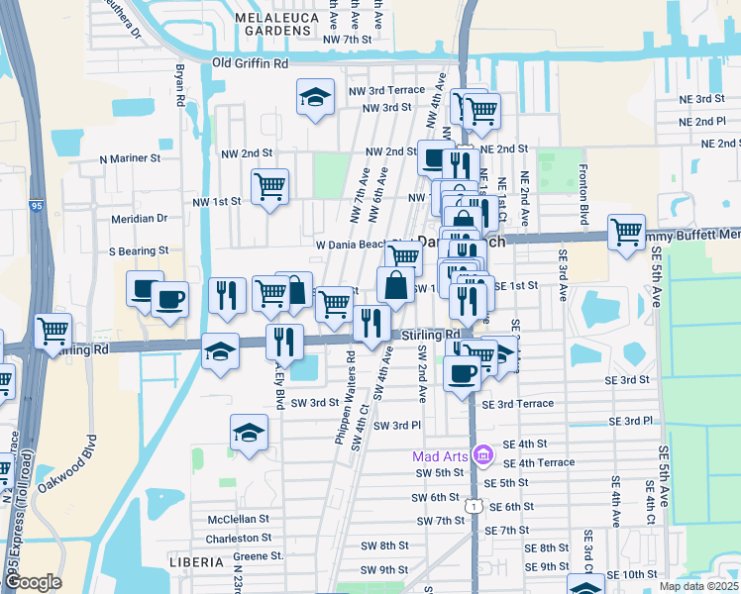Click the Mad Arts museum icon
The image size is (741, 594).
click(482, 455)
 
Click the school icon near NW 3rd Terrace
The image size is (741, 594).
click(315, 97)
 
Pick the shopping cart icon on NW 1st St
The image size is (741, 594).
click(269, 185)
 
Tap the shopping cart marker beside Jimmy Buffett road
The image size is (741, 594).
click(626, 233)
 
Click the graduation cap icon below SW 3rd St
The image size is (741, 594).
click(250, 432)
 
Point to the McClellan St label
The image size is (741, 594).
click(239, 519)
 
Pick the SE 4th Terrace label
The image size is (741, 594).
click(538, 462)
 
